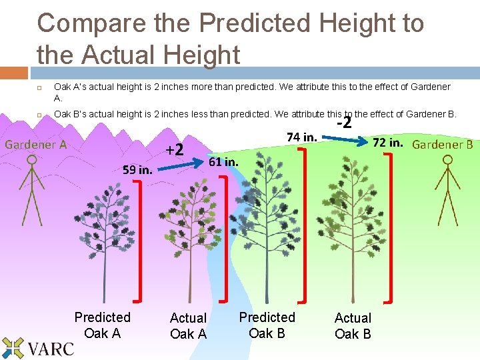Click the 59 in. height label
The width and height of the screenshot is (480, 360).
pos(137,169)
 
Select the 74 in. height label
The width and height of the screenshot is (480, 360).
pos(301,137)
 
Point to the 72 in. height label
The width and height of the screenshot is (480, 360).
pos(387,143)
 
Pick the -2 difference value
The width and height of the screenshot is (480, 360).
pos(344,123)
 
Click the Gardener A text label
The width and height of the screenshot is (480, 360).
pos(36,144)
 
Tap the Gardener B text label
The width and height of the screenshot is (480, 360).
pos(443,144)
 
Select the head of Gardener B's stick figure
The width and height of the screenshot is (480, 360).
pos(447,161)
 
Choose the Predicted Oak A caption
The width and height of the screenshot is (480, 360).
pos(103,325)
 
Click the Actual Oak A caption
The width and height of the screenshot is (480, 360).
pos(189,326)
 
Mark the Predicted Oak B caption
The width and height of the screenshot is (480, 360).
pos(267,325)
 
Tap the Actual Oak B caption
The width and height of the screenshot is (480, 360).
pos(353,326)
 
